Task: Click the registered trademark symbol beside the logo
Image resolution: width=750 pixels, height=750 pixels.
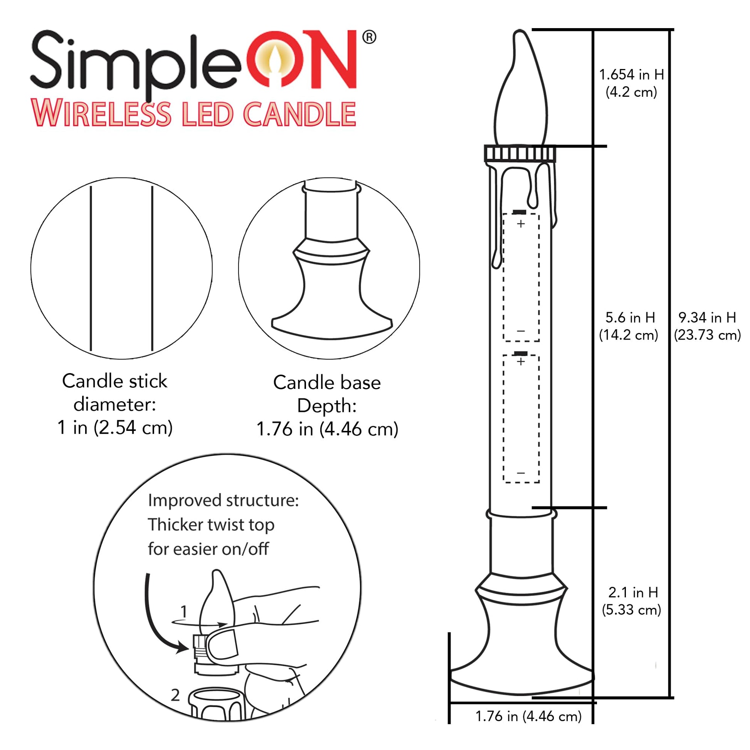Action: click(x=369, y=37)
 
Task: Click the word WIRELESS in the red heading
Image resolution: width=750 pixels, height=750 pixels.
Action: click(x=101, y=114)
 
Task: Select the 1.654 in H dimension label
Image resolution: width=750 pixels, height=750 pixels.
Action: click(x=631, y=83)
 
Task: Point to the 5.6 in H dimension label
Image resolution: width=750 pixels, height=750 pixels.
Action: click(x=629, y=326)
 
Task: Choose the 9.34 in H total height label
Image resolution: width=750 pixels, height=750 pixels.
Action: click(x=707, y=326)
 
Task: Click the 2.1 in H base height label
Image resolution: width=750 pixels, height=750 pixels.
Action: click(x=632, y=601)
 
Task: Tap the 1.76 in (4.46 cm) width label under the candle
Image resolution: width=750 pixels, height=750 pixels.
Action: click(x=528, y=716)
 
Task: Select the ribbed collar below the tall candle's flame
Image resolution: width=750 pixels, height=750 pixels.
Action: click(x=520, y=154)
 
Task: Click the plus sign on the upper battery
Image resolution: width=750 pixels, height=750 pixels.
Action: click(x=521, y=224)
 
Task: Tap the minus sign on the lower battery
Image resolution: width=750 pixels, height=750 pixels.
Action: click(x=521, y=473)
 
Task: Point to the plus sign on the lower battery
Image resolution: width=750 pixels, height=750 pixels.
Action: click(x=521, y=362)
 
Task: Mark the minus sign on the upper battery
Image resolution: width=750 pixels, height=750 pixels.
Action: click(x=521, y=331)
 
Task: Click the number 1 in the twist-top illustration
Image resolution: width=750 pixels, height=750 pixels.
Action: click(x=184, y=611)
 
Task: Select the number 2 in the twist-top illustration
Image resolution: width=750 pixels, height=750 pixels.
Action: click(x=175, y=695)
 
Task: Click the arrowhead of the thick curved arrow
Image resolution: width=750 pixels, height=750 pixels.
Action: click(x=183, y=647)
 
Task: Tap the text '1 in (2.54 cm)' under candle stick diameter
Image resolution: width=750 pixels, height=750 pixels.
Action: click(x=115, y=428)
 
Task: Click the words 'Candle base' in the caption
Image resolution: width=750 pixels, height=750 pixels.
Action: click(x=327, y=382)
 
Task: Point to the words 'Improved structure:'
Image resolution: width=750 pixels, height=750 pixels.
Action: click(x=223, y=500)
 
